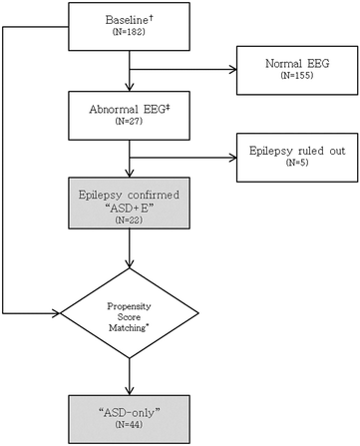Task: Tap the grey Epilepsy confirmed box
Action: pyautogui.click(x=129, y=205)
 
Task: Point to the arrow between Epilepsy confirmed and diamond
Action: pyautogui.click(x=129, y=254)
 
